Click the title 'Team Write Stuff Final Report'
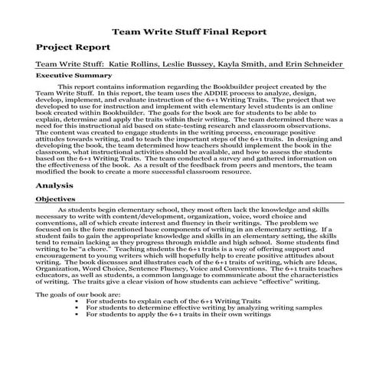pyautogui.click(x=189, y=32)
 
